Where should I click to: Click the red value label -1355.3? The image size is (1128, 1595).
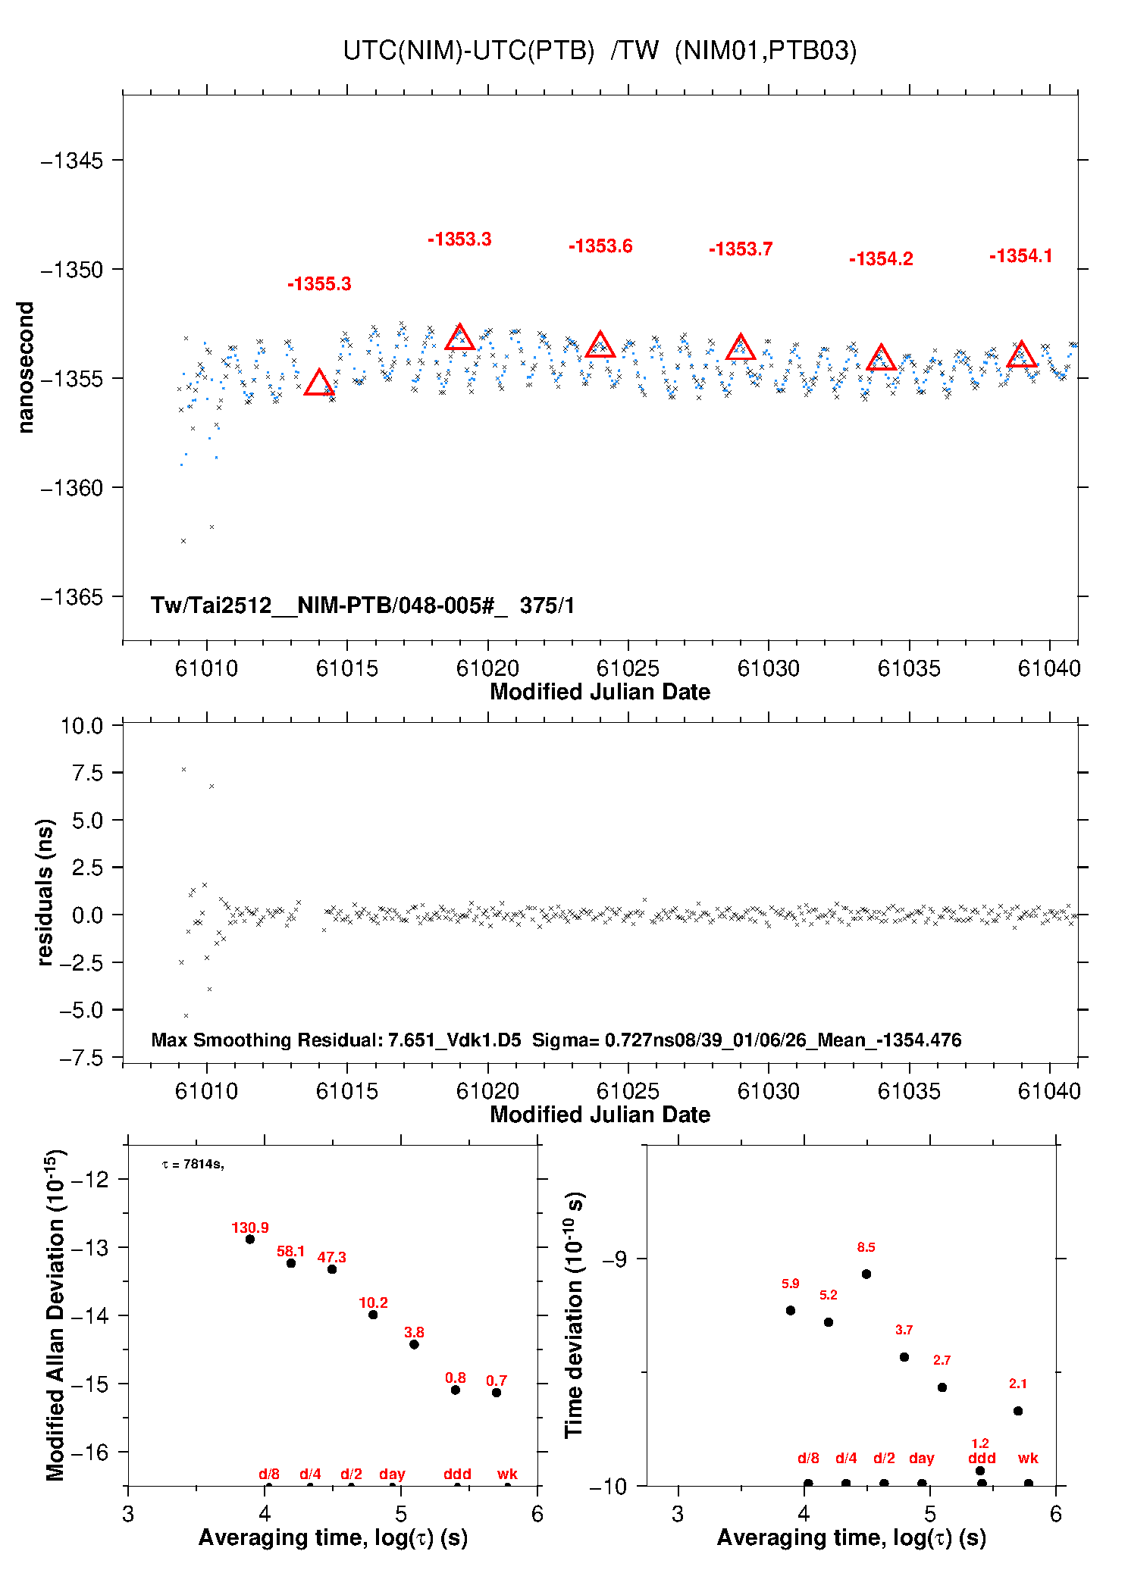pos(319,284)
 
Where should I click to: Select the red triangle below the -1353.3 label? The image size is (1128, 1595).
pos(459,337)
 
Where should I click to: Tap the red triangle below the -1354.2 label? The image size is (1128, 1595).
pos(881,358)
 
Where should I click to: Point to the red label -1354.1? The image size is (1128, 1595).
pos(1020,256)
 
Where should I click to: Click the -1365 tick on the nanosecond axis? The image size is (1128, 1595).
pos(72,597)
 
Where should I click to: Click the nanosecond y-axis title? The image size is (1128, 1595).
pos(26,367)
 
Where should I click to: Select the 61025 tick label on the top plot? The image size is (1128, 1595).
pos(628,668)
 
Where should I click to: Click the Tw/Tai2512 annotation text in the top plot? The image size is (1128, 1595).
pos(362,605)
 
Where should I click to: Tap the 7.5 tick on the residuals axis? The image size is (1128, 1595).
pos(87,773)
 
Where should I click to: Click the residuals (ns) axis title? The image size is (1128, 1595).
pos(45,892)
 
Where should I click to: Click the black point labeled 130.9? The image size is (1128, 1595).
pos(250,1239)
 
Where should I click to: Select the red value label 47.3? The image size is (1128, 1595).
pos(331,1257)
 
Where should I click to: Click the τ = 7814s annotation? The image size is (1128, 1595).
pos(193,1164)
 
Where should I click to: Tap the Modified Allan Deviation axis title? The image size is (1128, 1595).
pos(55,1315)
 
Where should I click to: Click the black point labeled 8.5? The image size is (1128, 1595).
pos(866,1274)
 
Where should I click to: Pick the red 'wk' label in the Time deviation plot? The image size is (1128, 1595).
pos(1027,1458)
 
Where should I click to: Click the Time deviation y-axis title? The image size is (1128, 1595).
pos(574,1315)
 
